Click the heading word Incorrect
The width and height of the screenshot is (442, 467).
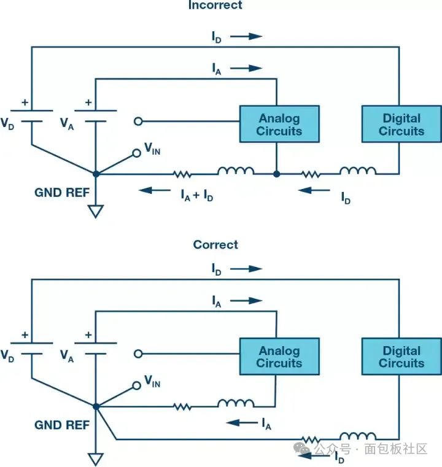215,6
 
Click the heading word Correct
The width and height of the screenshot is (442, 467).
215,245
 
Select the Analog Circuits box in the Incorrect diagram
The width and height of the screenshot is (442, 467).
279,124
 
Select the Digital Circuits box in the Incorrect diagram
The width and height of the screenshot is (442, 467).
401,124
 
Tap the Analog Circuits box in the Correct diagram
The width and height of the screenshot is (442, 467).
279,357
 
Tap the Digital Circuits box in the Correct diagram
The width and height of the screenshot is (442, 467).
401,357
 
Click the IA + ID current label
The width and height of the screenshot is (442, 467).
196,195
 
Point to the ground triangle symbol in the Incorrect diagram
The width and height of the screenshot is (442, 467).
95,212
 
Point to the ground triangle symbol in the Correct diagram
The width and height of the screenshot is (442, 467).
95,459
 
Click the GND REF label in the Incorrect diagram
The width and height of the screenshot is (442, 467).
62,193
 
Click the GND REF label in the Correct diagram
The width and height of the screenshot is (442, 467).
62,425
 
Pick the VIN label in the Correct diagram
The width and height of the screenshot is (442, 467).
152,382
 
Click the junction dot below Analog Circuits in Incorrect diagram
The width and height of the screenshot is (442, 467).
277,174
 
